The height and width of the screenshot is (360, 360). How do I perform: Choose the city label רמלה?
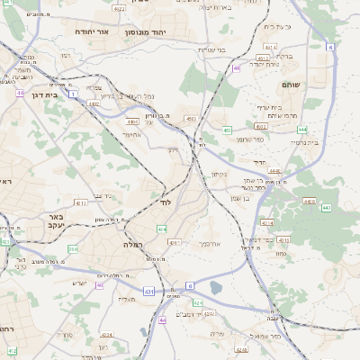121,244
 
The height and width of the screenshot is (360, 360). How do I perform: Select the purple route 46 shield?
236,67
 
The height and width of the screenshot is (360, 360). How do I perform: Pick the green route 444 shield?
302,130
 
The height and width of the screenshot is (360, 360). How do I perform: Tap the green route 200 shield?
72,249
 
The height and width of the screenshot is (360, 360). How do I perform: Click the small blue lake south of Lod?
215,288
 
